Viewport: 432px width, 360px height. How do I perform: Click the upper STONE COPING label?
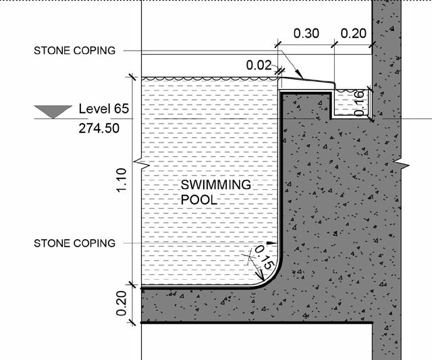pyautogui.click(x=74, y=51)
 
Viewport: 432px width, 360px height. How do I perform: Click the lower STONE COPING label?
pyautogui.click(x=74, y=243)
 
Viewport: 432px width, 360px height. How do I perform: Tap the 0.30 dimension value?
pyautogui.click(x=306, y=33)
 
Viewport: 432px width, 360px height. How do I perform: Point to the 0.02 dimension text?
pyautogui.click(x=259, y=66)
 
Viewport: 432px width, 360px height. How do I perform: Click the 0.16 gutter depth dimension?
pyautogui.click(x=360, y=101)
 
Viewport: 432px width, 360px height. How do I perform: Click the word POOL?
pyautogui.click(x=199, y=200)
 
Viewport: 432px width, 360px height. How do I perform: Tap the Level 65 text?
pyautogui.click(x=103, y=109)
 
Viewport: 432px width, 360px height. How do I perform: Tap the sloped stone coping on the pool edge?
pyautogui.click(x=306, y=82)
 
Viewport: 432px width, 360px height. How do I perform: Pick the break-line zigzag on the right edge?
pyautogui.click(x=402, y=164)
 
